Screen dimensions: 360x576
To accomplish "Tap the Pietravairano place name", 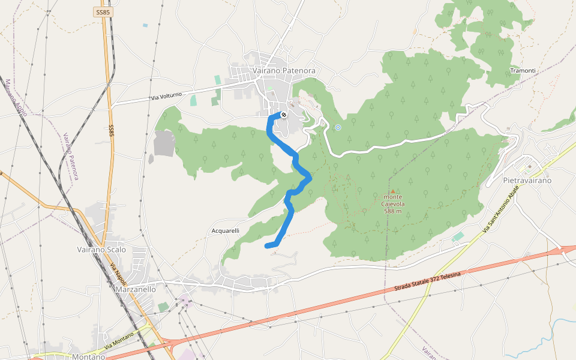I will pyautogui.click(x=527, y=180).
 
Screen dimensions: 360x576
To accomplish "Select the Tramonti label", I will pyautogui.click(x=522, y=71).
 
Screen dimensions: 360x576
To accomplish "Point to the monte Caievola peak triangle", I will pyautogui.click(x=393, y=192).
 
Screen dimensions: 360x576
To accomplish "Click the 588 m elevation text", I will pyautogui.click(x=392, y=211).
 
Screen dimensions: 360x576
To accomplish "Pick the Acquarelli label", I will pyautogui.click(x=226, y=230).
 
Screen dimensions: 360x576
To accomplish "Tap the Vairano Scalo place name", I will pyautogui.click(x=101, y=249).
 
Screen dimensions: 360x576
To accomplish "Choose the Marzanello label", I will pyautogui.click(x=134, y=289).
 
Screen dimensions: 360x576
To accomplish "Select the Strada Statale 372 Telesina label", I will pyautogui.click(x=427, y=282).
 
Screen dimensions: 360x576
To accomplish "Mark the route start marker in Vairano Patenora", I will pyautogui.click(x=283, y=114).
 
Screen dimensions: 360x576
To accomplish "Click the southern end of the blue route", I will pyautogui.click(x=267, y=245).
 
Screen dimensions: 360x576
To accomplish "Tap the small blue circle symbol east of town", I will pyautogui.click(x=338, y=127).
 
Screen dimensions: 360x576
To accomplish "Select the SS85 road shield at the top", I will pyautogui.click(x=103, y=11).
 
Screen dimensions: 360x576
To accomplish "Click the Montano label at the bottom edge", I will pyautogui.click(x=88, y=356).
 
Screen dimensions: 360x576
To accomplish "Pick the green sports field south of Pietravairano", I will pyautogui.click(x=458, y=237).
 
